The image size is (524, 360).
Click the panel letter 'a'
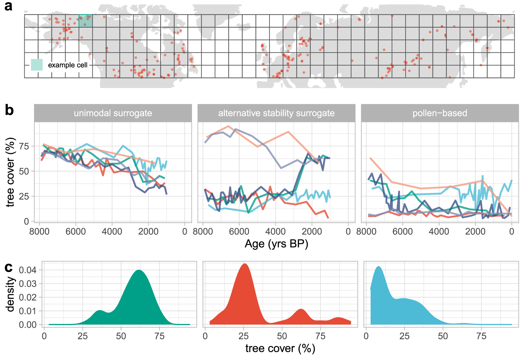(8, 6)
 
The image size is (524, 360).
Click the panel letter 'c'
(9, 267)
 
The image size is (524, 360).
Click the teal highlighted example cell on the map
(85, 21)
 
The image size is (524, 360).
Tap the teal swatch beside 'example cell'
(37, 65)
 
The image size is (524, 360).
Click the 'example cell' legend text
(67, 65)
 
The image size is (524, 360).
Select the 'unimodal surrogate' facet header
(113, 113)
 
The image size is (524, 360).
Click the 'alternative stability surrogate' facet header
(276, 113)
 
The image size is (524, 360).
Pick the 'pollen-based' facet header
(440, 113)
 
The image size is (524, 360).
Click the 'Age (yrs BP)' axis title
(276, 244)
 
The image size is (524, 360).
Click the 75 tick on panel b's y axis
(24, 146)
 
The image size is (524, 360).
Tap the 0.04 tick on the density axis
(28, 270)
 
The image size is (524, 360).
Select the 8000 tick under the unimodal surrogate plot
(39, 232)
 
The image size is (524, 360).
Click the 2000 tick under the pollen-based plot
(475, 232)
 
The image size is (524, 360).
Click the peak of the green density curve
(139, 270)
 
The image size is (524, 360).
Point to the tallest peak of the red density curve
(245, 264)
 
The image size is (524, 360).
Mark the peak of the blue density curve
(378, 267)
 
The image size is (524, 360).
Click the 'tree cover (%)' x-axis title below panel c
(280, 348)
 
